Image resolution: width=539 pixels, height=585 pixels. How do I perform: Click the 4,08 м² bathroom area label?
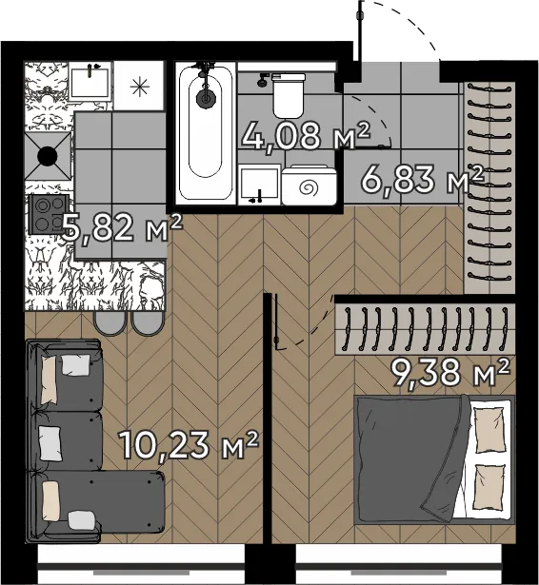pyautogui.click(x=306, y=135)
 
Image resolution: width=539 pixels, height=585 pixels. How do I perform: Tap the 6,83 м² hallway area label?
pyautogui.click(x=422, y=179)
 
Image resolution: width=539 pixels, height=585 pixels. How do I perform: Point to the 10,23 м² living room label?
pyautogui.click(x=189, y=445)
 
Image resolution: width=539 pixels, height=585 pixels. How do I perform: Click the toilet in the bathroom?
pyautogui.click(x=288, y=95)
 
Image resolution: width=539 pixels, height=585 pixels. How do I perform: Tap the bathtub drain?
pyautogui.click(x=206, y=98)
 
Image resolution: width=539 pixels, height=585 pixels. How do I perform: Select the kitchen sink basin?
pyautogui.click(x=90, y=81)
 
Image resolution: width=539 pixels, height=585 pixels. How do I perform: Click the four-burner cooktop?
pyautogui.click(x=49, y=214)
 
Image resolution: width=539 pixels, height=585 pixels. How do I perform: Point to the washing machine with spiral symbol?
pyautogui.click(x=309, y=185)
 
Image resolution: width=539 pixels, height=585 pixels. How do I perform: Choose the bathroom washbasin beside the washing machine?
pyautogui.click(x=259, y=185)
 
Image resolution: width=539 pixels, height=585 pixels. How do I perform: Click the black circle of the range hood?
pyautogui.click(x=49, y=156)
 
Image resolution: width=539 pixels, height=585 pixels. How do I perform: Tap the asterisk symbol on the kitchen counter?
pyautogui.click(x=140, y=87)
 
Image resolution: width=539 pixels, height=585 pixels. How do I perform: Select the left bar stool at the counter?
pyautogui.click(x=110, y=323)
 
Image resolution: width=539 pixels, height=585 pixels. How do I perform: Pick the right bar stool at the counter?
pyautogui.click(x=148, y=323)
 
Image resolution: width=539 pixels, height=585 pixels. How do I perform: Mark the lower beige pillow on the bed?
pyautogui.click(x=489, y=487)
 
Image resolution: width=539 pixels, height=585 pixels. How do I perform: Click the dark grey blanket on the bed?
pyautogui.click(x=410, y=458)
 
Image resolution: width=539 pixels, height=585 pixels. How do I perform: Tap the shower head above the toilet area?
pyautogui.click(x=263, y=80)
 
